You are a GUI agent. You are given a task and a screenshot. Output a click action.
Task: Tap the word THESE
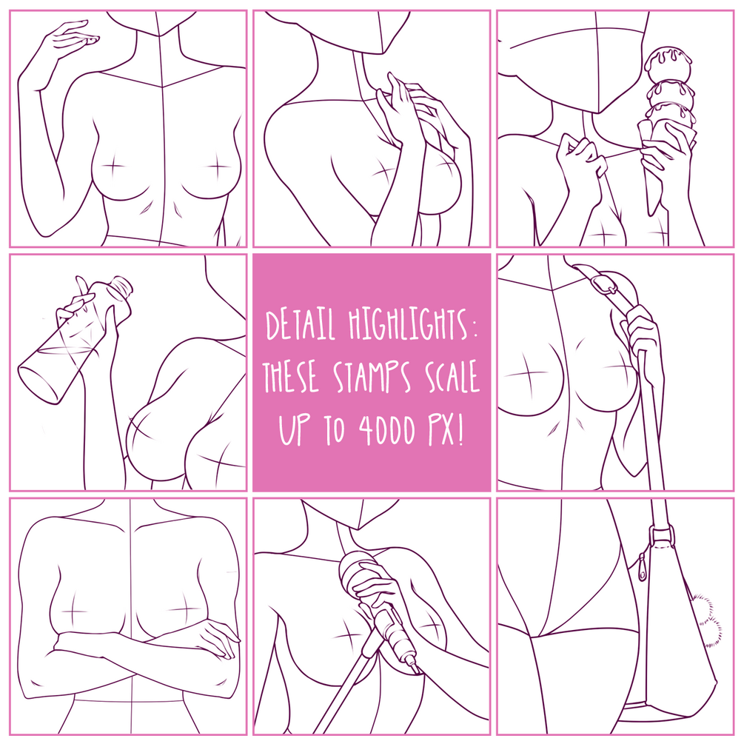(x=290, y=377)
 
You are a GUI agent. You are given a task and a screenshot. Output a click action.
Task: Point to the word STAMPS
(x=372, y=377)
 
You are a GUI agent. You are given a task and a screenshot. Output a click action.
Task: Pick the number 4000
(x=386, y=430)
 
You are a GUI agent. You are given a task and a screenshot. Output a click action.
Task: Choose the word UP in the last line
(x=295, y=430)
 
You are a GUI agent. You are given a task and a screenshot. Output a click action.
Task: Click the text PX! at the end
(x=446, y=430)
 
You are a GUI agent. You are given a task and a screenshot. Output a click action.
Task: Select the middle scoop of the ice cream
(x=671, y=93)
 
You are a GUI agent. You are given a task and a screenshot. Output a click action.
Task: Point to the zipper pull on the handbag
(x=643, y=566)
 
